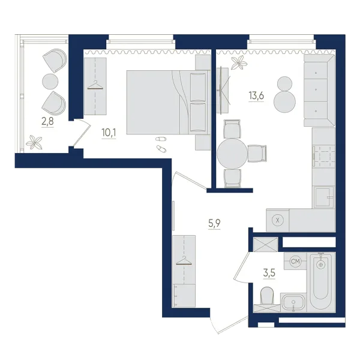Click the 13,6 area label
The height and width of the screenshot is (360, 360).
tap(256, 95)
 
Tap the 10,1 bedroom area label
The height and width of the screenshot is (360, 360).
tap(109, 133)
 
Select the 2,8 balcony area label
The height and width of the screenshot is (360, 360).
tap(47, 121)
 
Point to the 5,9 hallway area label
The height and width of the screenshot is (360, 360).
tap(214, 224)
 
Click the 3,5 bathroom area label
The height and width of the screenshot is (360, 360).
tap(269, 273)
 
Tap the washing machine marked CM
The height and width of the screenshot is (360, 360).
tap(295, 261)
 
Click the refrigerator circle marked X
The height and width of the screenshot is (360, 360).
tap(278, 220)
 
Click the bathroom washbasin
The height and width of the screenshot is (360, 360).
tap(293, 302)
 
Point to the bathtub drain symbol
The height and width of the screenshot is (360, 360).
tap(321, 265)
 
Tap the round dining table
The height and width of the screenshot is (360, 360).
tap(232, 154)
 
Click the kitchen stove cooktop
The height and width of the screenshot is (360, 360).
tap(324, 157)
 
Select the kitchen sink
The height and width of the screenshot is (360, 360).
tap(324, 197)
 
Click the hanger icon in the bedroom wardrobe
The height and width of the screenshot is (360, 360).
tap(95, 85)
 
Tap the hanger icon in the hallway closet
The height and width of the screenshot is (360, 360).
tap(184, 261)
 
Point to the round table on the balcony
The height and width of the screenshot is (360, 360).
tap(50, 81)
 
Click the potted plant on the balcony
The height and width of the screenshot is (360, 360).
tap(34, 142)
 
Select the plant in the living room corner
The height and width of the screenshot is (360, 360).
tap(239, 62)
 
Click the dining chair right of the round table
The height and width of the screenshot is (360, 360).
tap(257, 154)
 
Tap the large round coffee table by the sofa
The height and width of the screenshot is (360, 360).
tap(284, 102)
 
